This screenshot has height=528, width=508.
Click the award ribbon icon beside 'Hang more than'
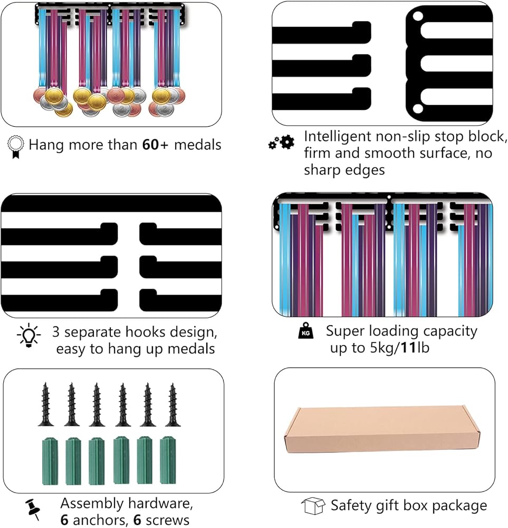point(15,146)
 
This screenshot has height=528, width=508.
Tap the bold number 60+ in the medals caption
point(155,145)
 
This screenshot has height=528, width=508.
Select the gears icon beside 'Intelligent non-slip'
point(281,143)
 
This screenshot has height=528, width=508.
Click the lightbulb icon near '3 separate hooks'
point(29,335)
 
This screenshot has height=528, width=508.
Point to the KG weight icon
point(306,331)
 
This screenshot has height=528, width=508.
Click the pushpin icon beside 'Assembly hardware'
point(33,509)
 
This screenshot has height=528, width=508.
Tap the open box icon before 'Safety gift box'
point(313,506)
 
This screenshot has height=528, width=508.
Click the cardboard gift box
point(382,429)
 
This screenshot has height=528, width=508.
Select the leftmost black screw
point(46,404)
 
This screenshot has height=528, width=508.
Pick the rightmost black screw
point(173,405)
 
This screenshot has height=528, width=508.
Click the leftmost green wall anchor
point(50,461)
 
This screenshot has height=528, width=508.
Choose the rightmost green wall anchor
point(168,460)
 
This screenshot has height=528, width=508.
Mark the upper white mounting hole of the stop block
point(418,16)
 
